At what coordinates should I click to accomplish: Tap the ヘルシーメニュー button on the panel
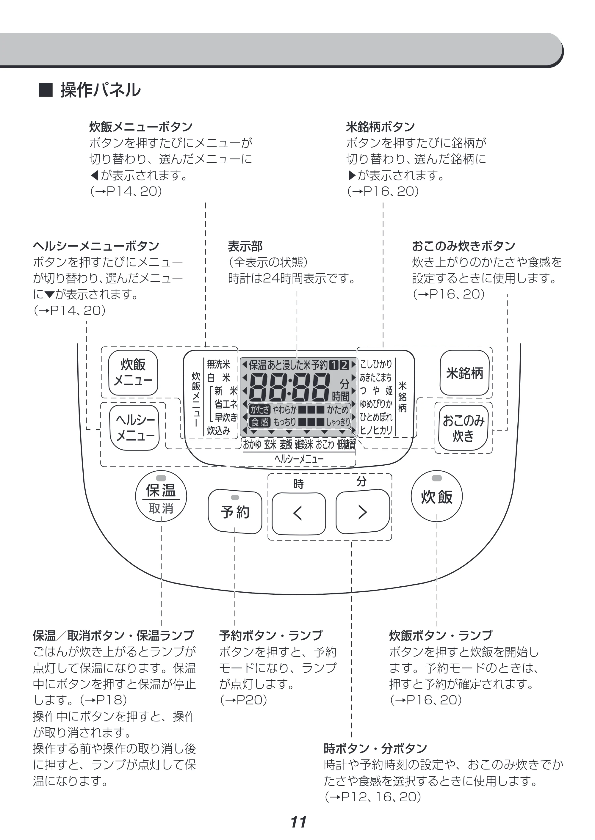(x=135, y=427)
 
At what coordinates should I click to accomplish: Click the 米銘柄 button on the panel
(x=465, y=373)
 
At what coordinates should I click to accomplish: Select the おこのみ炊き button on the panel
(x=464, y=428)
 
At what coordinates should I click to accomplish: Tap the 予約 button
(x=235, y=511)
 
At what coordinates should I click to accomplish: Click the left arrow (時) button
(x=299, y=514)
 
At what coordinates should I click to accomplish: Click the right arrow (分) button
(x=363, y=511)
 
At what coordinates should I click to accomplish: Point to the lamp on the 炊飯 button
(x=437, y=478)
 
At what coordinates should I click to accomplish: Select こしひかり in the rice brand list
(x=376, y=364)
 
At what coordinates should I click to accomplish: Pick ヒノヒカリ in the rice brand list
(x=376, y=430)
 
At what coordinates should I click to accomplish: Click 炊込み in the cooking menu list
(x=218, y=431)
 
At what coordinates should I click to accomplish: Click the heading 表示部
(x=245, y=246)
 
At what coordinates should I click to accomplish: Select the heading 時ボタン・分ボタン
(x=375, y=749)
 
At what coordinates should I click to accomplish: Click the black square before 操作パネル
(x=46, y=90)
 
